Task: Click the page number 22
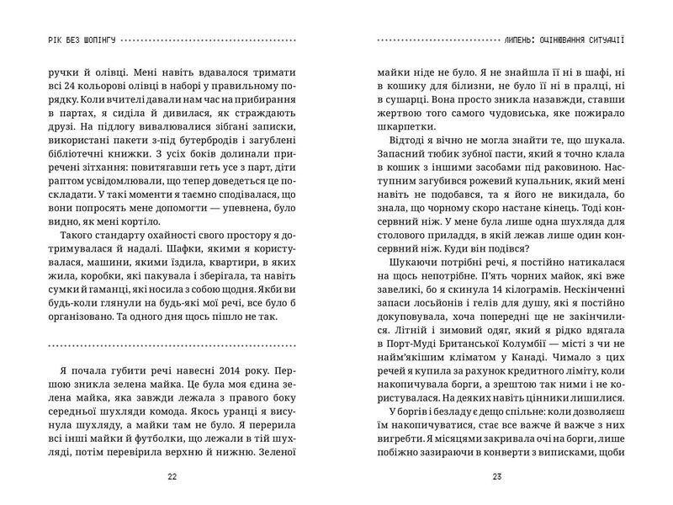point(172,476)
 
